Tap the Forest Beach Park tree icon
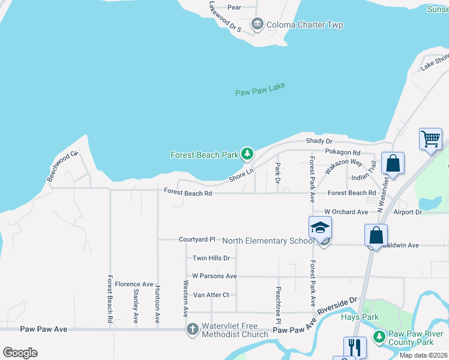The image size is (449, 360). [x=247, y=154]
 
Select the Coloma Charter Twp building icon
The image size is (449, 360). [x=258, y=25]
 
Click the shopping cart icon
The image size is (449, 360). [x=430, y=139]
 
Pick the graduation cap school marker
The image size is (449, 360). [x=320, y=228]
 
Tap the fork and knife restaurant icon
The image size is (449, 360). [x=355, y=347]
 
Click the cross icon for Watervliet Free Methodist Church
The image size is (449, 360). [x=192, y=329]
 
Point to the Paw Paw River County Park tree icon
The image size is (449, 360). [x=379, y=337]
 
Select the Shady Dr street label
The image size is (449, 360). [x=319, y=141]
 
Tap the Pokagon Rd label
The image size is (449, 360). [x=342, y=152]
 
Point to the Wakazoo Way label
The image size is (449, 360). [x=344, y=167]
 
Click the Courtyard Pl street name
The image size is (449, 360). [x=197, y=239]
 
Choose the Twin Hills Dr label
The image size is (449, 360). [x=211, y=258]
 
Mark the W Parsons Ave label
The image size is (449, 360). [x=214, y=276]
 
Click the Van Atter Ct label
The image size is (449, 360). [x=211, y=295]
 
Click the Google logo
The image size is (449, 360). [x=20, y=353]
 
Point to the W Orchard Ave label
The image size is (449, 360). [x=346, y=212]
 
